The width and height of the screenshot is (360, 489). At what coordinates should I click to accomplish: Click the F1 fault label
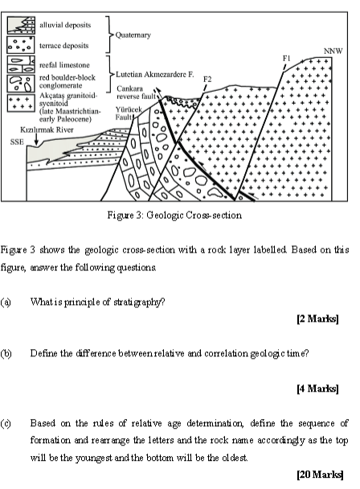coord(287,58)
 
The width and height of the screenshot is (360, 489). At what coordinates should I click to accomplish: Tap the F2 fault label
coord(207,78)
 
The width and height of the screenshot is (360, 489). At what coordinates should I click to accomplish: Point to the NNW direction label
coord(333,51)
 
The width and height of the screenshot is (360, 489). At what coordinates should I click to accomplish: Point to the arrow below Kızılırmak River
coord(27,145)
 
